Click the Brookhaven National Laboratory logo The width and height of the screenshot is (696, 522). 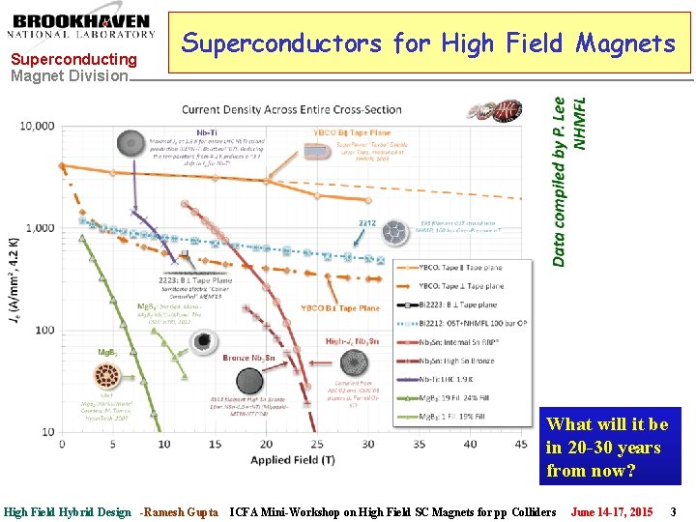point(82,26)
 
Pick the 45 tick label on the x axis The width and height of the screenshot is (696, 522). point(470,445)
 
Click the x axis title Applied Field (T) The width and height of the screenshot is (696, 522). point(293,460)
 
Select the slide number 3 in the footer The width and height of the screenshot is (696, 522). point(673,511)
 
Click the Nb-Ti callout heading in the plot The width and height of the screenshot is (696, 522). point(205,131)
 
